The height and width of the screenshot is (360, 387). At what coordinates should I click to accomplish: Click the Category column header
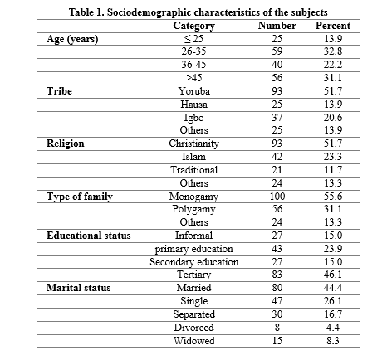click(193, 26)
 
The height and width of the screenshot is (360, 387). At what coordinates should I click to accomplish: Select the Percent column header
click(333, 26)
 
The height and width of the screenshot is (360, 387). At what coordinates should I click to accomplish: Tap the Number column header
click(277, 26)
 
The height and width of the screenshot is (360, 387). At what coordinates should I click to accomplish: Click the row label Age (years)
click(72, 39)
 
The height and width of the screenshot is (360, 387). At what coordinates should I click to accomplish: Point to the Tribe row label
click(59, 91)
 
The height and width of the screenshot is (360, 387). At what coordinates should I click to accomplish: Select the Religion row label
click(66, 144)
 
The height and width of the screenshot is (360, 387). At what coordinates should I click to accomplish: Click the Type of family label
click(80, 197)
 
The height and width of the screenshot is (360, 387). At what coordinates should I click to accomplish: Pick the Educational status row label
click(89, 236)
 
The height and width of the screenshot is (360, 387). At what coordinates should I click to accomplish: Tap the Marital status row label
click(78, 288)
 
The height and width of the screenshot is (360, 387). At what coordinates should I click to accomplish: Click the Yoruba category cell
click(193, 91)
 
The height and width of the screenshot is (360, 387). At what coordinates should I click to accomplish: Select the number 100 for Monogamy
click(277, 197)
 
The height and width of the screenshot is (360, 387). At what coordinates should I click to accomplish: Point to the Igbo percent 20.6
click(333, 118)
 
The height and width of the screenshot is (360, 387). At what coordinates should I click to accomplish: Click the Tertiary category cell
click(193, 275)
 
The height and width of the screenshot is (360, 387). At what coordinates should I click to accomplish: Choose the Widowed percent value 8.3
click(333, 340)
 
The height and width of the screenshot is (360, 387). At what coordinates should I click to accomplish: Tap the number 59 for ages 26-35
click(277, 51)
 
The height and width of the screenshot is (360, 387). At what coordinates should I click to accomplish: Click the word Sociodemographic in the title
click(150, 12)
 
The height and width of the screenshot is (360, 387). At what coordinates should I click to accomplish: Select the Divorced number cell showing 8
click(277, 328)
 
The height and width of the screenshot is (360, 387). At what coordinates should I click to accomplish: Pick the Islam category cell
click(193, 157)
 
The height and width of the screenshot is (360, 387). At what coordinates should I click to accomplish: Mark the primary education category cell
click(193, 249)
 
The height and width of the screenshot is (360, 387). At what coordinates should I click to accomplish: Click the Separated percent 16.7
click(333, 314)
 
